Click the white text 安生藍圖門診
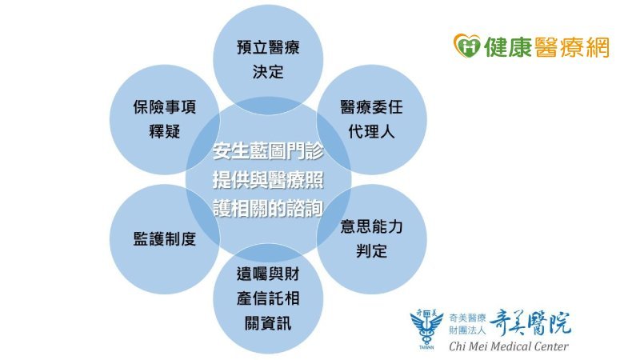pos(268,151)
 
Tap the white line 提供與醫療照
pos(268,179)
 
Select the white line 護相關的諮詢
pos(268,208)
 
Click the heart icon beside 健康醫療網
pos(467,46)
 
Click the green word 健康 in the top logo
pos(507,46)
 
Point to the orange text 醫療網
pos(571,46)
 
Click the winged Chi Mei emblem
pos(426,330)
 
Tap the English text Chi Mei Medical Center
pos(509,346)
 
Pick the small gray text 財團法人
pos(467,330)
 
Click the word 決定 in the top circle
pos(268,72)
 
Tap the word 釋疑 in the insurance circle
pos(165,131)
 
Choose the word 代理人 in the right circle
pos(372,131)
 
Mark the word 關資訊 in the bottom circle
pos(268,323)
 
